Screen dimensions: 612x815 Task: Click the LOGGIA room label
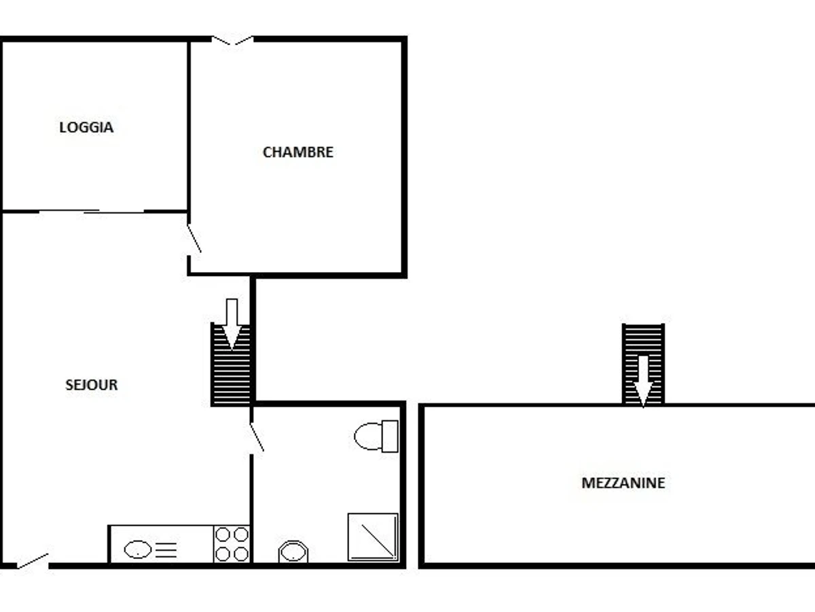(86, 127)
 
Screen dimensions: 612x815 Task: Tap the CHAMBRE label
(297, 152)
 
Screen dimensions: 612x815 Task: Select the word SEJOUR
(92, 385)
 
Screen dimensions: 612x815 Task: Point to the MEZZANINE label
(623, 483)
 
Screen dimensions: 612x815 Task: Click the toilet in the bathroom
(369, 436)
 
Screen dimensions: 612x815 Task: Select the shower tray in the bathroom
(373, 537)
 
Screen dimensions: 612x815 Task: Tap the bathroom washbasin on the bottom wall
(293, 551)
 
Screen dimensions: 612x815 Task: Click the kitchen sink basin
(138, 549)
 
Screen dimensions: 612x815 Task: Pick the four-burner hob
(232, 544)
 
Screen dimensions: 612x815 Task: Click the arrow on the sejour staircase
(232, 323)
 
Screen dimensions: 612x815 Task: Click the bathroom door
(257, 437)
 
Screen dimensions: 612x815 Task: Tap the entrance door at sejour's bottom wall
(32, 561)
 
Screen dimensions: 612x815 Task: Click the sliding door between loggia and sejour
(92, 211)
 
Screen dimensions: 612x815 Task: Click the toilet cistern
(390, 436)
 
